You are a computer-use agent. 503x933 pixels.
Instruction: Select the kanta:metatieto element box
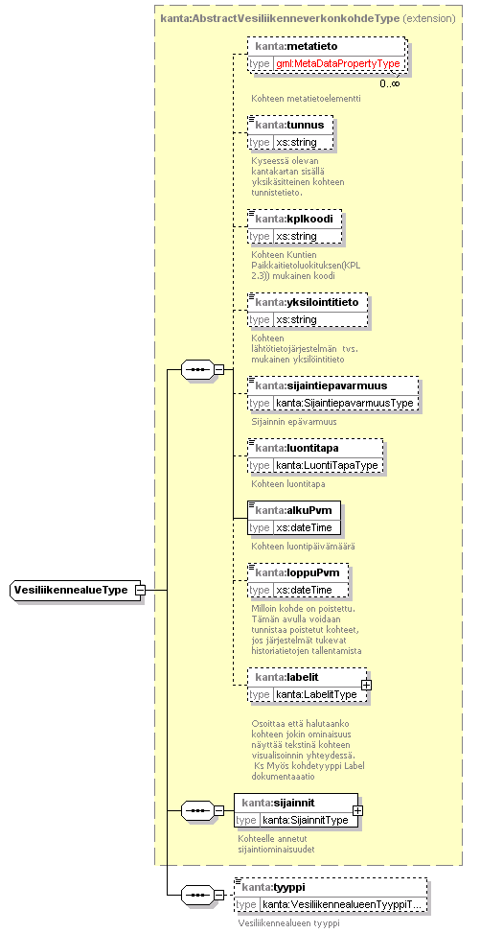(x=327, y=55)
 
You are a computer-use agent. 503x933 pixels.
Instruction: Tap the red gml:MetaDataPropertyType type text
(x=337, y=63)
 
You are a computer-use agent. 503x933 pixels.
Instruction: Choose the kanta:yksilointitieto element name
(x=307, y=302)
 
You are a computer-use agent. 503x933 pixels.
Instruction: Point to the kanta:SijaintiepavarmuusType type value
(x=344, y=403)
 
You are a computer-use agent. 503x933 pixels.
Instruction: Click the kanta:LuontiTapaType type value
(x=327, y=465)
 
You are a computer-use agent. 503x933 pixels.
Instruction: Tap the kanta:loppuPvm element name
(x=297, y=572)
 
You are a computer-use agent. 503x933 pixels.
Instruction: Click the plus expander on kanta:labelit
(x=366, y=685)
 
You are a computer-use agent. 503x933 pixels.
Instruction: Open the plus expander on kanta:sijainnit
(x=357, y=810)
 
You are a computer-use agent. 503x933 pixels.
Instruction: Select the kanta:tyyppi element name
(x=273, y=887)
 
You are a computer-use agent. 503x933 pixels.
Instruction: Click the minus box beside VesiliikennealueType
(x=140, y=591)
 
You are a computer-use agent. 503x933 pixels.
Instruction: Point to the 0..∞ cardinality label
(x=390, y=83)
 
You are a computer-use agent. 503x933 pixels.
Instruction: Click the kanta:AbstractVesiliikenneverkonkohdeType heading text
(x=280, y=18)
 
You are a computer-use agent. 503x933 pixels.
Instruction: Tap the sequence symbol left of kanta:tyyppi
(x=196, y=895)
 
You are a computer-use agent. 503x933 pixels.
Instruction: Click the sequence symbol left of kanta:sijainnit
(x=196, y=810)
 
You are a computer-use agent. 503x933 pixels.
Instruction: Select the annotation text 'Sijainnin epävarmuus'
(x=294, y=421)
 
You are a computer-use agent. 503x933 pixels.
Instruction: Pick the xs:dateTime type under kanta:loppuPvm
(x=304, y=590)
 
